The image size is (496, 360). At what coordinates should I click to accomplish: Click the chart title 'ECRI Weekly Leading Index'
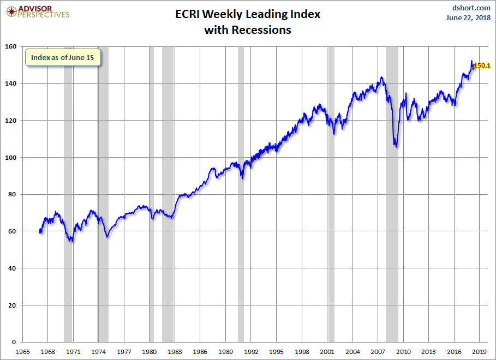pos(248,14)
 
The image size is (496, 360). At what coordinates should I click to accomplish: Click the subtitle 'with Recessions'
pos(248,30)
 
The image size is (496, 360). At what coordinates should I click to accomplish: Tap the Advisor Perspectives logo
pos(38,12)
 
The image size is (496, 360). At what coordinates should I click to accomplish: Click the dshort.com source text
pos(471,8)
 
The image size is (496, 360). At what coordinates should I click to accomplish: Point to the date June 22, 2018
pos(468,17)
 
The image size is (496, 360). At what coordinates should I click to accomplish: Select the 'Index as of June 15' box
pos(63,57)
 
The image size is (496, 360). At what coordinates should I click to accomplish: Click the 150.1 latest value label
pos(482,65)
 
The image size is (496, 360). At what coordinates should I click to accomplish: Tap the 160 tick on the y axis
pos(10,46)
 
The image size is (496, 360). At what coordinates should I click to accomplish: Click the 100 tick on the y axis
pos(10,158)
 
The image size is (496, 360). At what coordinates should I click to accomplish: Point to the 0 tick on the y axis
pos(14,342)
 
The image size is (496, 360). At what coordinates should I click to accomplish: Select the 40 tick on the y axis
pos(12,268)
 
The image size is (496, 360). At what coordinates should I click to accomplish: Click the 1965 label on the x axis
pos(22,352)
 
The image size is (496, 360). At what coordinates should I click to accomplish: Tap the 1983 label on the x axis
pos(175,352)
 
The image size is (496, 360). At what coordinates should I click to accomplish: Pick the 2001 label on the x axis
pos(327,352)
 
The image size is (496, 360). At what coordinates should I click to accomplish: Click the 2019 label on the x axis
pos(479,352)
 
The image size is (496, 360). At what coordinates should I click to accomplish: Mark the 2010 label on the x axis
pos(403,352)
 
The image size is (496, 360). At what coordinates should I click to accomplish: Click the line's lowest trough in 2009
pos(396,147)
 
